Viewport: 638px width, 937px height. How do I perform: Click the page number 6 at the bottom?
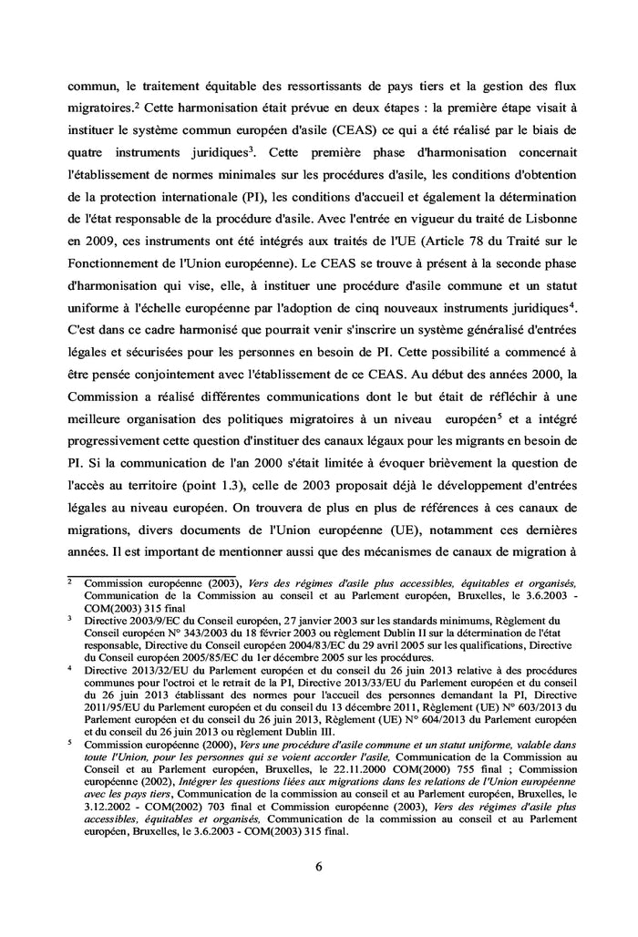319,866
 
